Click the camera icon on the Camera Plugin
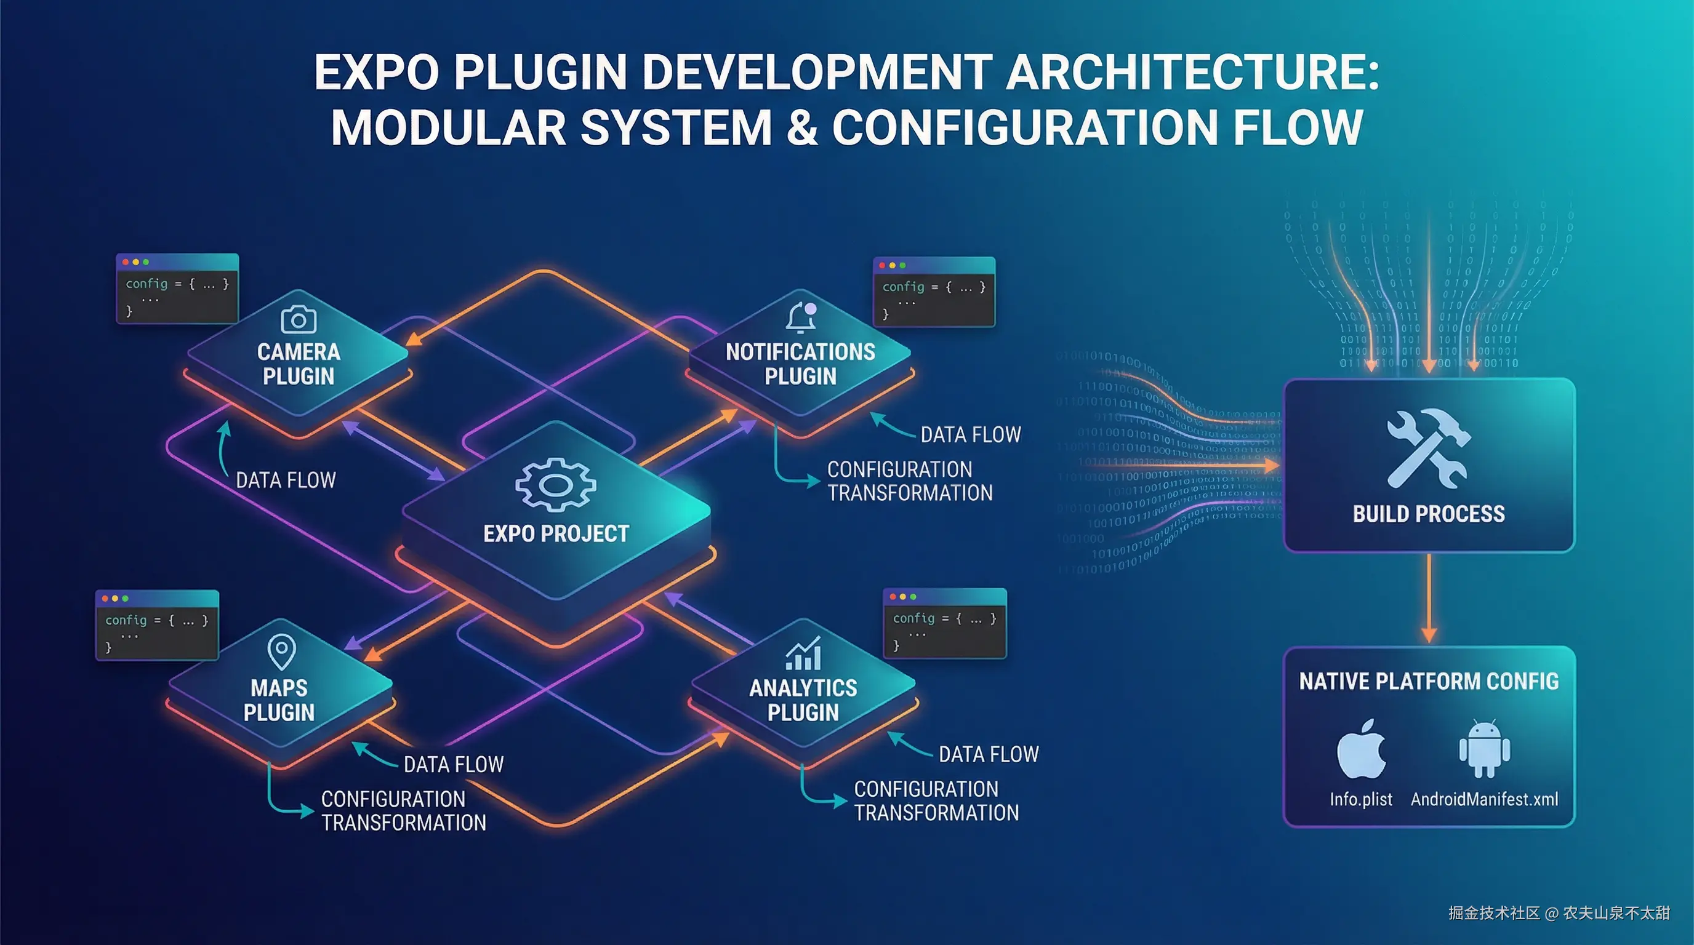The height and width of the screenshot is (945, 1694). (x=299, y=320)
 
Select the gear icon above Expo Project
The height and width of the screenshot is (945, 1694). (x=556, y=484)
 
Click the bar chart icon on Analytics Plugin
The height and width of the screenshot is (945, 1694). (x=803, y=654)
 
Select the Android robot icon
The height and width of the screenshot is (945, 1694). (x=1484, y=749)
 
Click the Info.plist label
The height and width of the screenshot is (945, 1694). (x=1360, y=799)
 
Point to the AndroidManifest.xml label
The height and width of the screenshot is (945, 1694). (x=1484, y=799)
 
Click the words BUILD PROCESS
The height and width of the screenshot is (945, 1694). (x=1428, y=514)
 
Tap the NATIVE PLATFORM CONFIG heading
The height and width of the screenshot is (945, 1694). (x=1428, y=682)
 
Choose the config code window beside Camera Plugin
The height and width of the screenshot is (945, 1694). (x=177, y=289)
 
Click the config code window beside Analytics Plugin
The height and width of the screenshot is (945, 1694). (x=944, y=623)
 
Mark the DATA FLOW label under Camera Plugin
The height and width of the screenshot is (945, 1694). (x=286, y=480)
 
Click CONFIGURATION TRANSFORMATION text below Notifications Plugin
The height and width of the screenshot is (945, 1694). (x=909, y=481)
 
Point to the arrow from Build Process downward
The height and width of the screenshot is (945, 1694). (x=1428, y=598)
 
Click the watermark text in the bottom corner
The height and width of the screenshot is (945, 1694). (x=1559, y=913)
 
